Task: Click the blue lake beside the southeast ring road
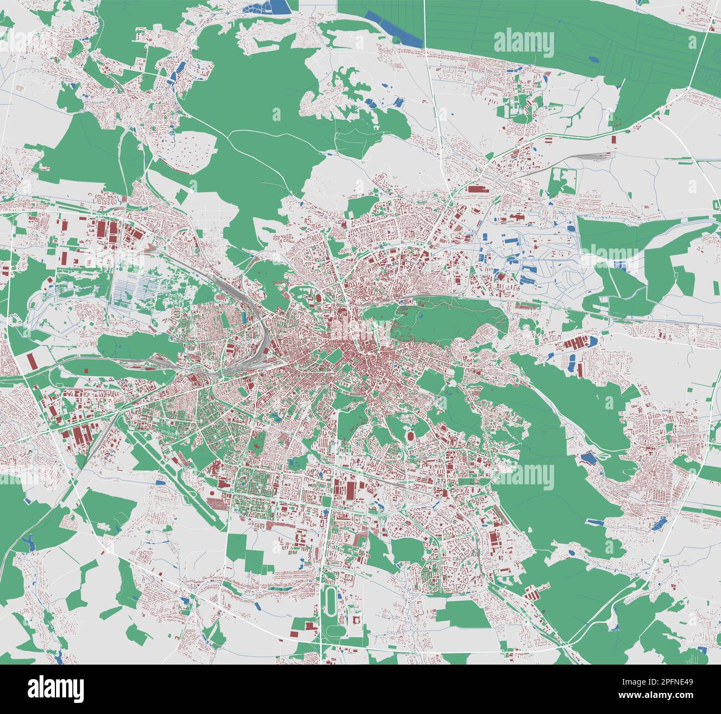point(658,524)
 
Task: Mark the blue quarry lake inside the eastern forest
point(587,458)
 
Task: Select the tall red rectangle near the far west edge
point(32,361)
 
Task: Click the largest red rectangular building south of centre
point(351,489)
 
